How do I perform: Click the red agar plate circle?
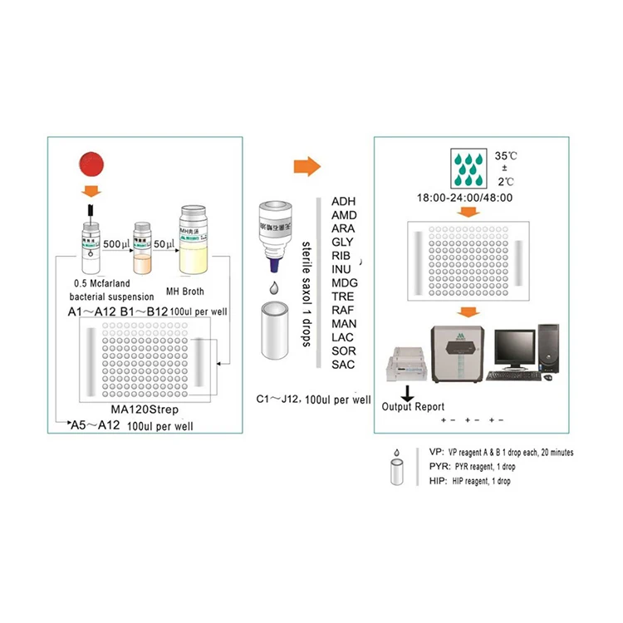coord(89,168)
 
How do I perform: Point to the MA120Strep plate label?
coord(145,410)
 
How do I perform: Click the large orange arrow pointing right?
coord(307,166)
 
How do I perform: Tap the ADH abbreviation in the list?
coord(343,202)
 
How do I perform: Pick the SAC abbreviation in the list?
coord(343,365)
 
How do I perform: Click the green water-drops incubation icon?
coord(470,170)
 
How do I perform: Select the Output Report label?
coord(413,407)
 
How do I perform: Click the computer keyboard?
coord(513,375)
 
